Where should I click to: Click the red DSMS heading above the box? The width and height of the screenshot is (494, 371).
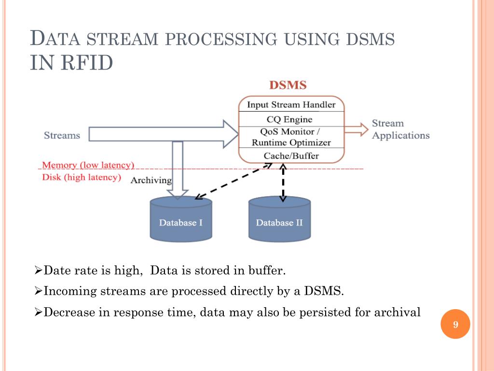click(288, 86)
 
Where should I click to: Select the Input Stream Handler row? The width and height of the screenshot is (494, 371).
click(291, 104)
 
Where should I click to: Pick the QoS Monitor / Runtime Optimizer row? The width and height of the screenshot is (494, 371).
click(291, 137)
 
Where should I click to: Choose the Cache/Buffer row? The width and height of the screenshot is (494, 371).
click(291, 156)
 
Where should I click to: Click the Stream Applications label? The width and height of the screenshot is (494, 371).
click(400, 129)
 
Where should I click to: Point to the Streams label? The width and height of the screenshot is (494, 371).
click(62, 135)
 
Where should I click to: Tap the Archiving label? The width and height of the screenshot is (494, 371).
click(151, 180)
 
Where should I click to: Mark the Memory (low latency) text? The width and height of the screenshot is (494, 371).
click(88, 165)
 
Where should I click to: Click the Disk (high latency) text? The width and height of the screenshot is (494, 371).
click(82, 177)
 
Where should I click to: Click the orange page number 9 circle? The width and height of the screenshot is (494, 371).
click(455, 325)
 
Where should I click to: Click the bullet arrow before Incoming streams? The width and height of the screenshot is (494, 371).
click(39, 291)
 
